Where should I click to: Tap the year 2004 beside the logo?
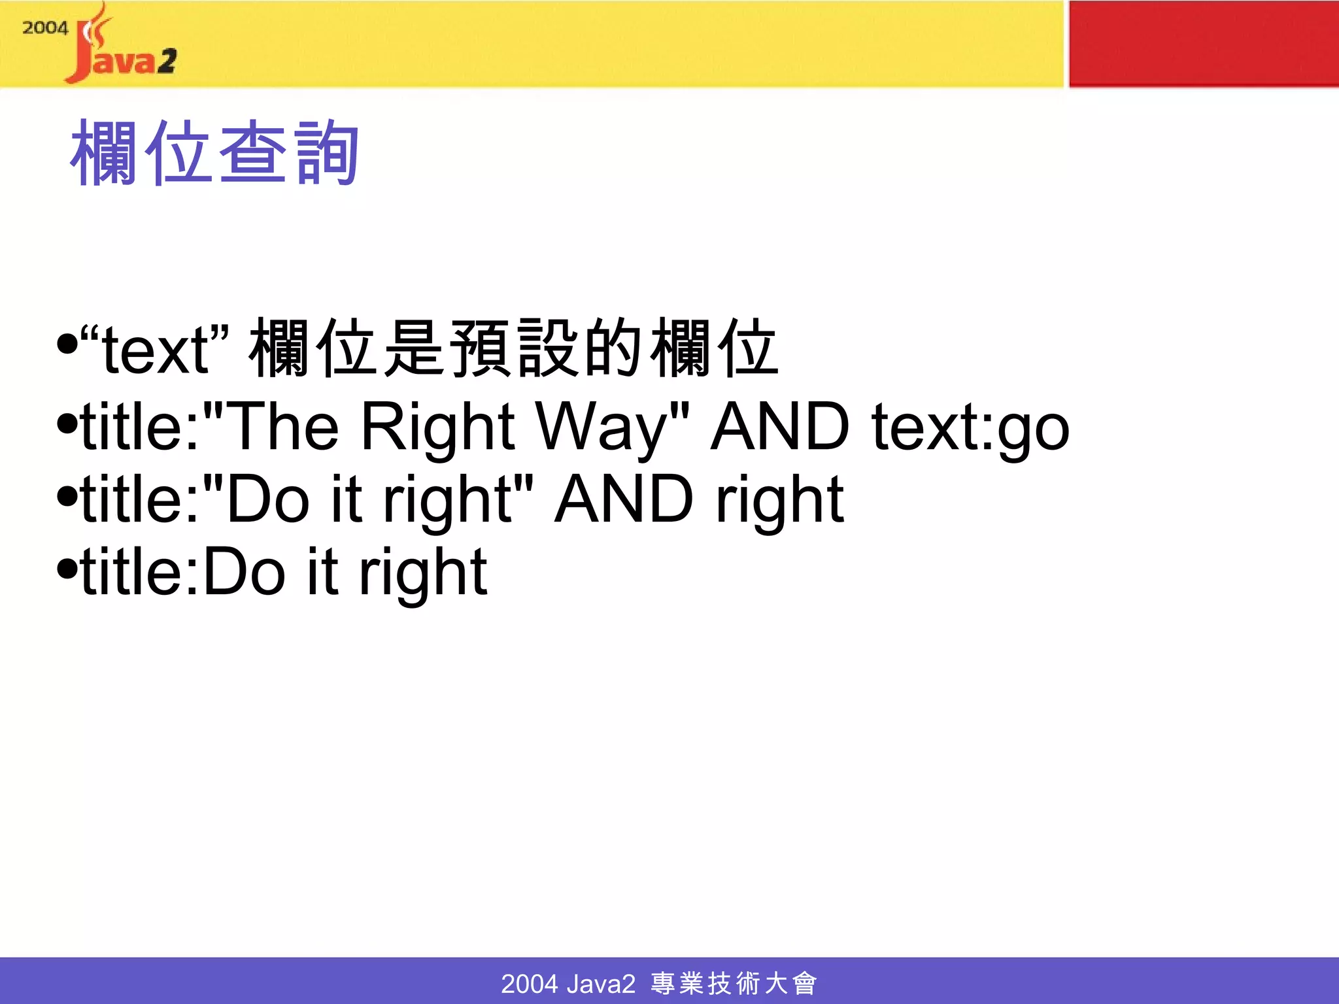pyautogui.click(x=44, y=28)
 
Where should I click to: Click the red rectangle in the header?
pyautogui.click(x=1203, y=44)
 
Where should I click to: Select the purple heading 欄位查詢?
pyautogui.click(x=215, y=153)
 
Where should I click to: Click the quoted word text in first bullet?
pyautogui.click(x=155, y=351)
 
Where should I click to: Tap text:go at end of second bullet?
pyautogui.click(x=970, y=428)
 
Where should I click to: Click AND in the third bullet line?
pyautogui.click(x=624, y=499)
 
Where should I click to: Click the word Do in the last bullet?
pyautogui.click(x=245, y=572)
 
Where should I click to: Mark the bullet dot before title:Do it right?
pyautogui.click(x=67, y=568)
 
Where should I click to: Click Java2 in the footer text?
pyautogui.click(x=601, y=983)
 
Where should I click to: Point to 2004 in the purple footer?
pyautogui.click(x=529, y=983)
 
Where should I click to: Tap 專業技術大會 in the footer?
pyautogui.click(x=734, y=983)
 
